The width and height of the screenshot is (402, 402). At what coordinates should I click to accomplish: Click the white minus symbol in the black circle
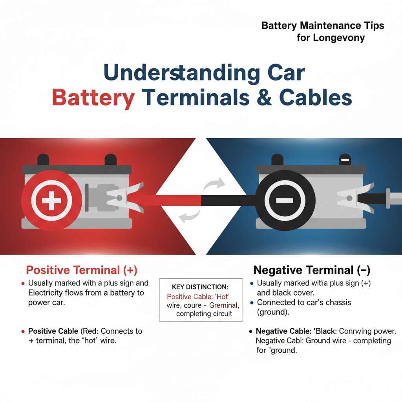(285, 201)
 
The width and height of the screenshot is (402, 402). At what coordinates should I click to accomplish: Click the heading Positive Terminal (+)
(82, 270)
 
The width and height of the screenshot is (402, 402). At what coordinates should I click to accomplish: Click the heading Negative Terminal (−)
(312, 270)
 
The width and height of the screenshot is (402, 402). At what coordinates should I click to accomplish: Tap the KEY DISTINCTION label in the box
(200, 287)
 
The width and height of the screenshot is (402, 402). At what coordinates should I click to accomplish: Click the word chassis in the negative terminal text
(335, 303)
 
